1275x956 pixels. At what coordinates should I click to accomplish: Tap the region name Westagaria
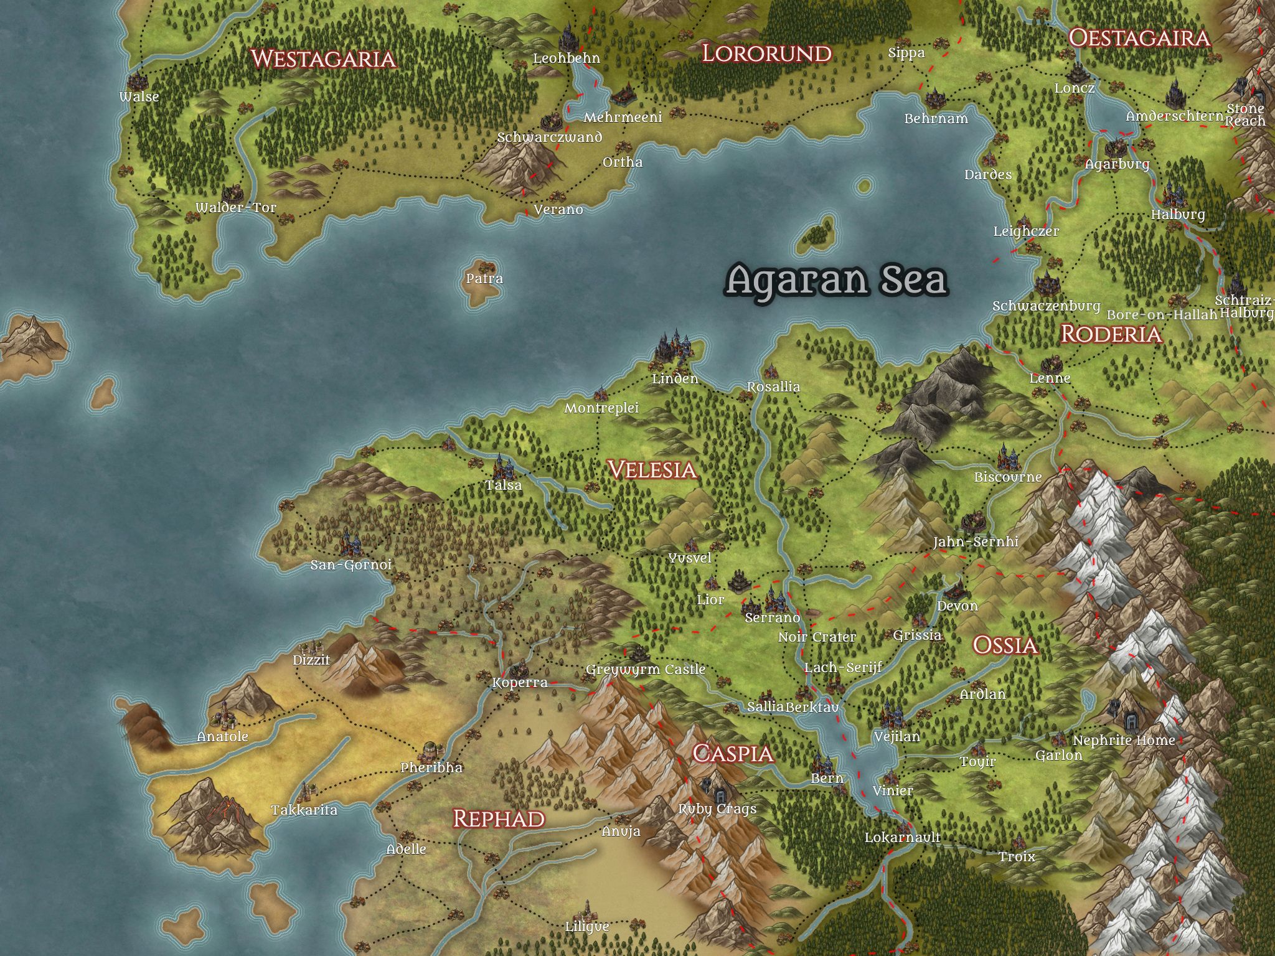[x=323, y=59]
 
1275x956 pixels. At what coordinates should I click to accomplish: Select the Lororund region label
[x=766, y=54]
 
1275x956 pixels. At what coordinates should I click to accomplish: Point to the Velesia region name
[x=652, y=469]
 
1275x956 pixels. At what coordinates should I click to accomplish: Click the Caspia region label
[x=733, y=754]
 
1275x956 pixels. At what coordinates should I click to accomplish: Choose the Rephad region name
[x=499, y=818]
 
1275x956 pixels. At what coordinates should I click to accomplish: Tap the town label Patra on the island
[x=484, y=279]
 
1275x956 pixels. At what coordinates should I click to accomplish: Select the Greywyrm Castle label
[x=646, y=670]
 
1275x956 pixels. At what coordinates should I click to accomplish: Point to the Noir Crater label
[x=817, y=637]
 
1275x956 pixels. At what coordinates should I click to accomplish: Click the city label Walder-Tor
[x=236, y=208]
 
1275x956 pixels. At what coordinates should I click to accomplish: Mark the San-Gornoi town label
[x=351, y=565]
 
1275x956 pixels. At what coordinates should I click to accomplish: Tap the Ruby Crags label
[x=717, y=808]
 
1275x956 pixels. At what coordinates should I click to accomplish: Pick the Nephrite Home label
[x=1124, y=741]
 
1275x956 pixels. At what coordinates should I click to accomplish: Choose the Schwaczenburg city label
[x=1046, y=306]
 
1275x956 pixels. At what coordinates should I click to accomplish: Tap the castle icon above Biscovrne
[x=1007, y=457]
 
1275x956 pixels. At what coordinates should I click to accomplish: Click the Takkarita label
[x=304, y=810]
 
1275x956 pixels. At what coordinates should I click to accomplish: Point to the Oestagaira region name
[x=1139, y=39]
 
